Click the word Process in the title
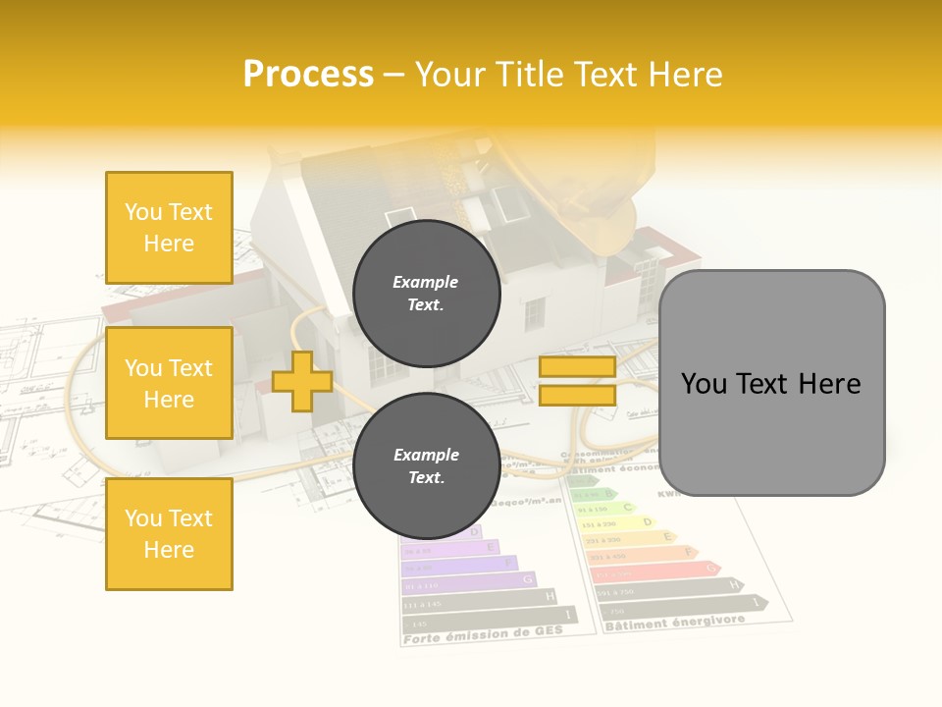click(x=308, y=75)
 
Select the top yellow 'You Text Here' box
click(x=169, y=228)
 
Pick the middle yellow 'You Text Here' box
click(x=169, y=383)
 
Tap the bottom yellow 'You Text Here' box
click(x=169, y=534)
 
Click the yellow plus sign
click(x=302, y=381)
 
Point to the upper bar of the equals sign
click(x=577, y=367)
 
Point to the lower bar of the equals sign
click(x=577, y=395)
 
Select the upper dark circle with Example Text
click(x=426, y=293)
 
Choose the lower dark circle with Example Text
click(x=426, y=465)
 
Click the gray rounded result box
click(x=771, y=383)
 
